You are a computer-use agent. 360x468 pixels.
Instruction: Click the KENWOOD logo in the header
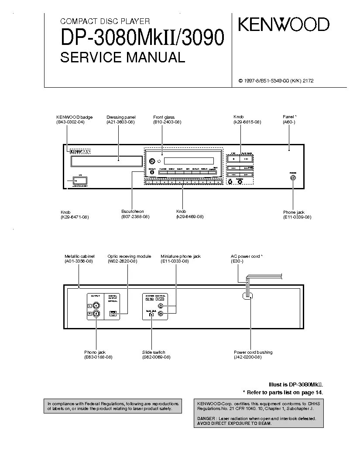(x=283, y=24)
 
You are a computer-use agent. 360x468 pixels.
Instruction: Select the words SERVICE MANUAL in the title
(x=122, y=57)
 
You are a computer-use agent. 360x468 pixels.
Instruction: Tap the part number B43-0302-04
(x=70, y=122)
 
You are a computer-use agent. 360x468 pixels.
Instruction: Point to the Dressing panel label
(x=121, y=117)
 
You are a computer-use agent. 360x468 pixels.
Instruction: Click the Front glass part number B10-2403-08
(x=167, y=122)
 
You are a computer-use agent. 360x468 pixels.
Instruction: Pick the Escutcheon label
(x=133, y=212)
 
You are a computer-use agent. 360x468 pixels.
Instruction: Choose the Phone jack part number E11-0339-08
(x=297, y=217)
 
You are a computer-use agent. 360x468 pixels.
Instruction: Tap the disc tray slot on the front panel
(x=106, y=161)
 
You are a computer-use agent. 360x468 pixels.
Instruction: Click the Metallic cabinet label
(x=79, y=256)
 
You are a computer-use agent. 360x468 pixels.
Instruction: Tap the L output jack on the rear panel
(x=96, y=305)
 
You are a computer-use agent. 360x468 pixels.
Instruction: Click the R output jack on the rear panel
(x=96, y=313)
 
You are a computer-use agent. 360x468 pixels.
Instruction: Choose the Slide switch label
(x=154, y=352)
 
